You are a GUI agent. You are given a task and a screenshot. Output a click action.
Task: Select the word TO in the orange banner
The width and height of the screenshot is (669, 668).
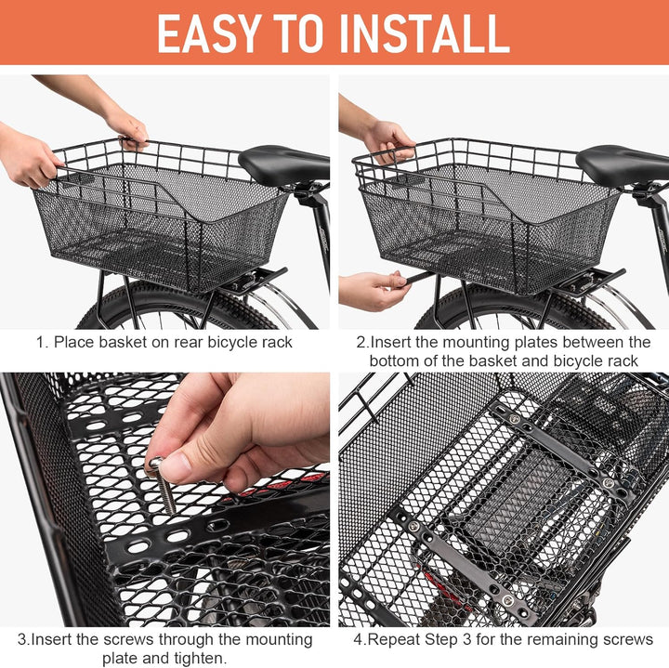311,33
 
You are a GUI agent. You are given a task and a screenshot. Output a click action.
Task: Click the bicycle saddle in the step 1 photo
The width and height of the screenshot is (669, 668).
283,164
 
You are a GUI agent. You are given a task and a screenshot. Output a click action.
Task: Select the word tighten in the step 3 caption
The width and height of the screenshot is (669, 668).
202,658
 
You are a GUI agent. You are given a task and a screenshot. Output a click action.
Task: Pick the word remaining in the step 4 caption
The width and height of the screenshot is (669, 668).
554,639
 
